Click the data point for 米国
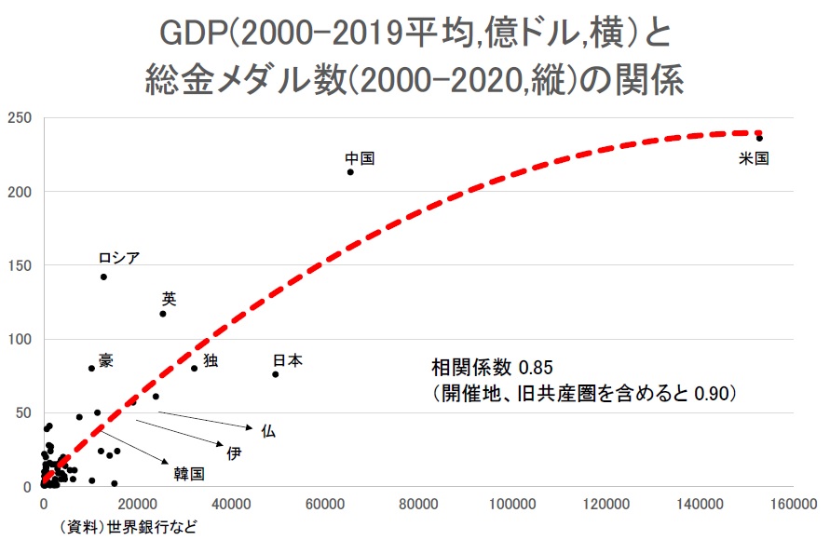pos(759,139)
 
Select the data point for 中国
pos(350,172)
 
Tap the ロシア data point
pos(103,277)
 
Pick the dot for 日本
pos(276,374)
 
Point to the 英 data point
pos(163,314)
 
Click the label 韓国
pos(189,474)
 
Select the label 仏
pos(268,430)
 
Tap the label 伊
pos(234,452)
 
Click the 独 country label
pos(211,360)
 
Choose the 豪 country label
pos(106,360)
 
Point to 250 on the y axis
pos(20,118)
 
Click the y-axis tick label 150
pos(20,266)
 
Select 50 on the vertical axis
pos(23,413)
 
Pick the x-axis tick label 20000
pos(138,504)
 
